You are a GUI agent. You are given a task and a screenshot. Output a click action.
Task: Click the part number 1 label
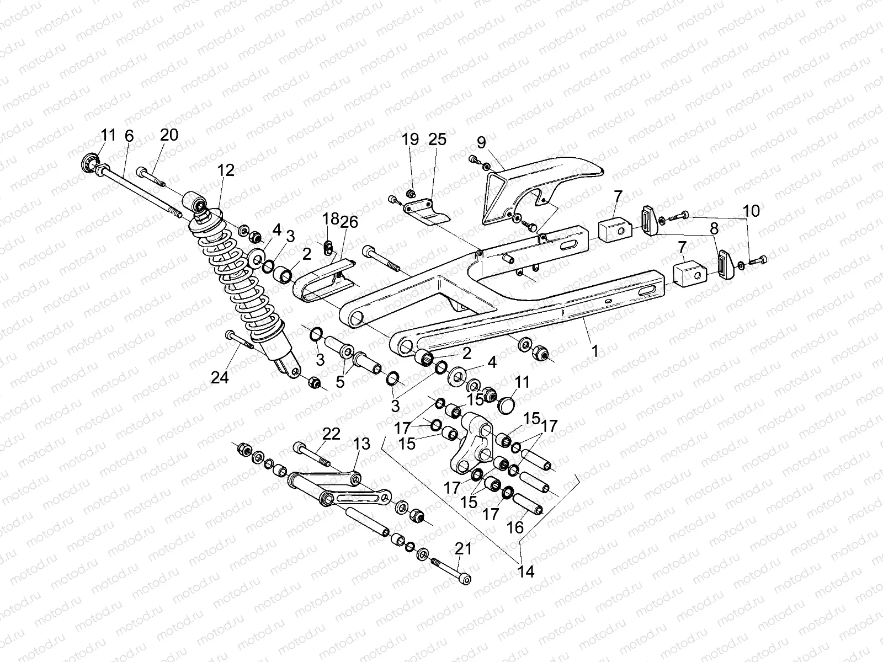coord(594,351)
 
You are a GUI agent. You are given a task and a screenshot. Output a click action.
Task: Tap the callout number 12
coord(226,170)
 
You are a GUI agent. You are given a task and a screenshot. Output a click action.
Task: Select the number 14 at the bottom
coord(526,572)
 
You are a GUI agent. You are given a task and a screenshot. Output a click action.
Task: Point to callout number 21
coord(464,549)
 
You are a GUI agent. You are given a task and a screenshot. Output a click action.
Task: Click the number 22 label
coord(331,434)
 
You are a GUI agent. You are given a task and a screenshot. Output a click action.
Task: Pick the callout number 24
coord(220,377)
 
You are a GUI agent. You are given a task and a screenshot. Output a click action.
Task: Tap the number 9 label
coord(481,142)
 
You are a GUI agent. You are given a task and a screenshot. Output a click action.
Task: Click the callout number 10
coord(751,211)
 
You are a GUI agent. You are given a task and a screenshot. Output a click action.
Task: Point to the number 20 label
coord(169,135)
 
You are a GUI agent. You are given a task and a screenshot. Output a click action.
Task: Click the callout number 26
coord(349,222)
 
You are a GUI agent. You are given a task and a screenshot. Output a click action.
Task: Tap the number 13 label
coord(362,443)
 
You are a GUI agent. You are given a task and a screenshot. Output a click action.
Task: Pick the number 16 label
coord(515,527)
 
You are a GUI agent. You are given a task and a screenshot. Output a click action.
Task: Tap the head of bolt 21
coord(467,579)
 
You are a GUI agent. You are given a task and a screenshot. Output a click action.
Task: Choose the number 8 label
coord(714,228)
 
